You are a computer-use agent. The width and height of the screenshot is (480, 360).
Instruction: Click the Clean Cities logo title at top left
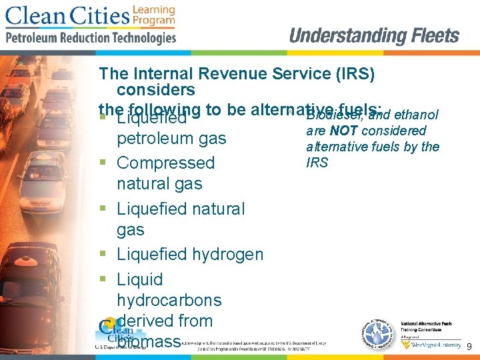[x=67, y=15]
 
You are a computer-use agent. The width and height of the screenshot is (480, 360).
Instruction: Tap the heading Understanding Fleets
[x=374, y=35]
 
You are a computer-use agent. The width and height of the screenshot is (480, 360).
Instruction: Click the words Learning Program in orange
[x=154, y=15]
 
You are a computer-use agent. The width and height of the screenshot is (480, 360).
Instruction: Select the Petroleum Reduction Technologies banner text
[x=91, y=37]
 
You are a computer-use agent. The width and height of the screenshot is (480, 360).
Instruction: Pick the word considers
[x=155, y=89]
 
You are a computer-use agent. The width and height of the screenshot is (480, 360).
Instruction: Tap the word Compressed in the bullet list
[x=165, y=163]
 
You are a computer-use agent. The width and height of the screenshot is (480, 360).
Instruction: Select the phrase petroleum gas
[x=171, y=139]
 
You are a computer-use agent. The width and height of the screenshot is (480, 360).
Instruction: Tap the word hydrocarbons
[x=169, y=300]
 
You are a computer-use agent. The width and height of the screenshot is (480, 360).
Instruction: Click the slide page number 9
[x=469, y=347]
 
